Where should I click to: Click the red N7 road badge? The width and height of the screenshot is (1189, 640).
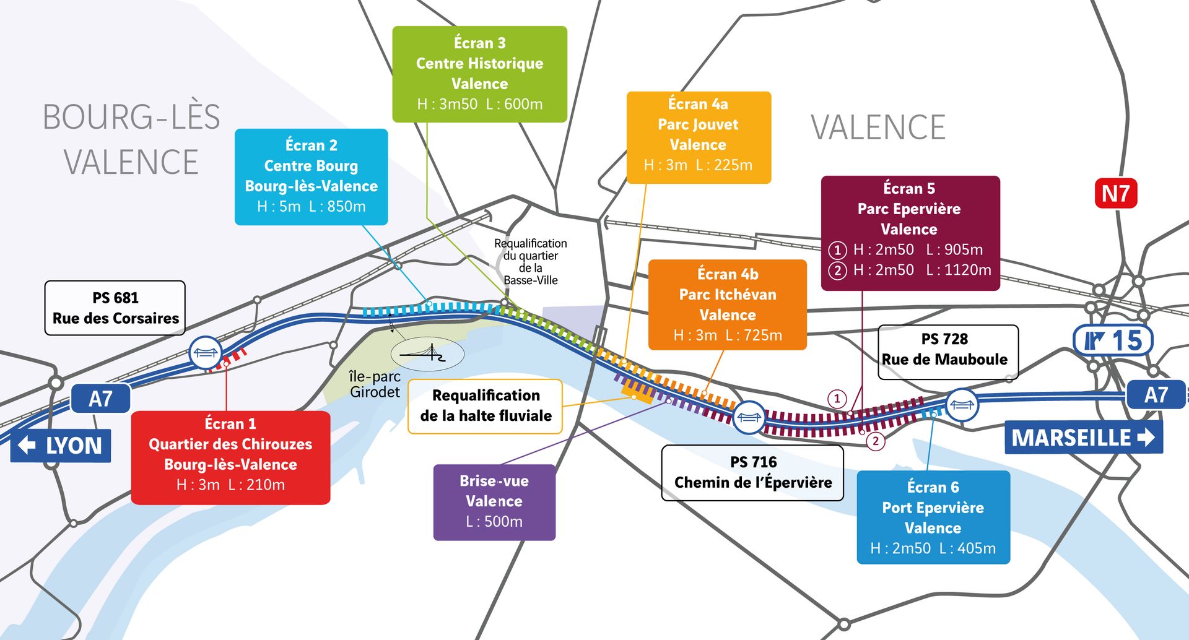(x=1116, y=194)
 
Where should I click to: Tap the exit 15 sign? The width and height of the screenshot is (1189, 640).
(x=1113, y=340)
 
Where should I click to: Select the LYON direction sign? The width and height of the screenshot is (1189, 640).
(x=61, y=446)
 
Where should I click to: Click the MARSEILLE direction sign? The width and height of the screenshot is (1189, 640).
(x=1083, y=438)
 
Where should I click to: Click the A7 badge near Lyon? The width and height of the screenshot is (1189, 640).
(x=100, y=399)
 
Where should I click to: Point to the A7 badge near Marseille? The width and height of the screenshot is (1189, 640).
(x=1156, y=394)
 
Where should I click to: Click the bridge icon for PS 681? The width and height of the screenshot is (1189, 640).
(x=205, y=353)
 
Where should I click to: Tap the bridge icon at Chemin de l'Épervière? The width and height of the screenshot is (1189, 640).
(x=749, y=417)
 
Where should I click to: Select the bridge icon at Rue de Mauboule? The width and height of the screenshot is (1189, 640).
(x=962, y=405)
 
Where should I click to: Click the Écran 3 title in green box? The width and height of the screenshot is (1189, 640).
(x=479, y=43)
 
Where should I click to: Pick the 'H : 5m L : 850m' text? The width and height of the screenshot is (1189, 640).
(x=311, y=206)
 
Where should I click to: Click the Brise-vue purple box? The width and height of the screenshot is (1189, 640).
(x=494, y=501)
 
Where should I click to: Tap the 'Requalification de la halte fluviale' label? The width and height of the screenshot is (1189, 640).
(x=486, y=405)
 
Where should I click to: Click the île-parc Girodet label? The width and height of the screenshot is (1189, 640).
(x=375, y=384)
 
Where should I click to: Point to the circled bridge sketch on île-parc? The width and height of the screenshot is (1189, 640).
(x=427, y=354)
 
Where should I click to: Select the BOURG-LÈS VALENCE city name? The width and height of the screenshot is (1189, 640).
(x=131, y=139)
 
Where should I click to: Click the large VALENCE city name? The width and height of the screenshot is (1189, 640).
(x=878, y=128)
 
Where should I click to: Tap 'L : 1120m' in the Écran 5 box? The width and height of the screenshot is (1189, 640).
(x=958, y=270)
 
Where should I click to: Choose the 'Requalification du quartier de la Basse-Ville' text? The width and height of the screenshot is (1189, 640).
(x=530, y=261)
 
